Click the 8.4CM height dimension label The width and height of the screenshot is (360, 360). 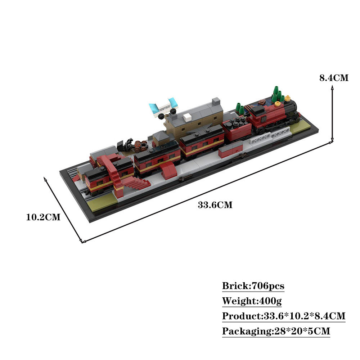point(334,78)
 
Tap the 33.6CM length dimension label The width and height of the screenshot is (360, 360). point(215,205)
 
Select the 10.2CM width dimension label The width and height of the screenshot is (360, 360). point(43,217)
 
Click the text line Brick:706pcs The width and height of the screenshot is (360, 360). point(253,286)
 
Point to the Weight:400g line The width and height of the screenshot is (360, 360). point(249,301)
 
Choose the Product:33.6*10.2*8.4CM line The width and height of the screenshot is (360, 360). point(284,316)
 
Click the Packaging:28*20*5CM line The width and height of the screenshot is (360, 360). point(276,331)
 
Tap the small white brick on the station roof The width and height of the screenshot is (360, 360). point(188,117)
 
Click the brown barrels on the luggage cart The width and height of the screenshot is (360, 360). point(141,146)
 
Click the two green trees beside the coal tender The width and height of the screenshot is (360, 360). point(240,108)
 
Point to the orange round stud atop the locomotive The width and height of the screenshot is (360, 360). point(277,104)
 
